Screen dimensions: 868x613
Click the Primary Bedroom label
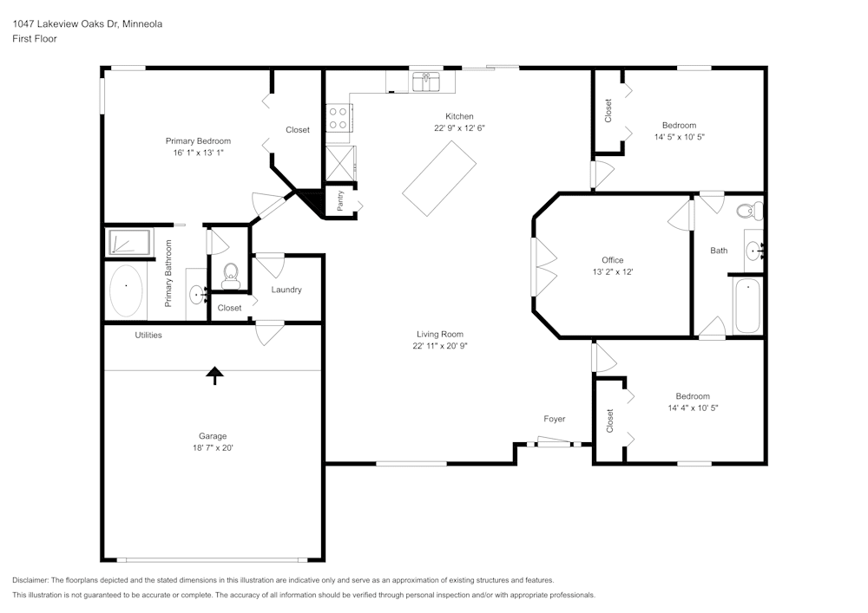click(x=198, y=141)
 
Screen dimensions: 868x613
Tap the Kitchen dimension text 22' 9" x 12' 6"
click(x=459, y=128)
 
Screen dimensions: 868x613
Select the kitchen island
click(x=439, y=178)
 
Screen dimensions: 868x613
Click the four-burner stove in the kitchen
click(x=339, y=118)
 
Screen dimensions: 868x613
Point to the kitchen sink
click(x=426, y=82)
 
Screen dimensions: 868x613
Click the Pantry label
click(x=340, y=200)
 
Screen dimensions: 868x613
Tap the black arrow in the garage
click(x=214, y=375)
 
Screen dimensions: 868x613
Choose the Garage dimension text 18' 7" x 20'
click(x=213, y=447)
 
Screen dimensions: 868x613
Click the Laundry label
click(x=286, y=290)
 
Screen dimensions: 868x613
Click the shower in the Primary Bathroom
click(x=129, y=243)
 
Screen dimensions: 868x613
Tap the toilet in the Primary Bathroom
click(x=230, y=276)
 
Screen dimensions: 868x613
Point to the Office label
click(x=613, y=260)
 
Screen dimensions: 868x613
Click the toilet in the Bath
click(x=750, y=212)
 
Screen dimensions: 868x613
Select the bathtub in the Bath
click(x=746, y=306)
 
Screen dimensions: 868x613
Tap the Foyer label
click(x=554, y=419)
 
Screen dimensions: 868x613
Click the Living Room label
click(x=440, y=334)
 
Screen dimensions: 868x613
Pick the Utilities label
click(x=148, y=335)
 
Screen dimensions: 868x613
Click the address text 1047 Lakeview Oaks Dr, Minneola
click(x=88, y=23)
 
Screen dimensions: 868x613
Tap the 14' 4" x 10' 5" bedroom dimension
click(x=693, y=408)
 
